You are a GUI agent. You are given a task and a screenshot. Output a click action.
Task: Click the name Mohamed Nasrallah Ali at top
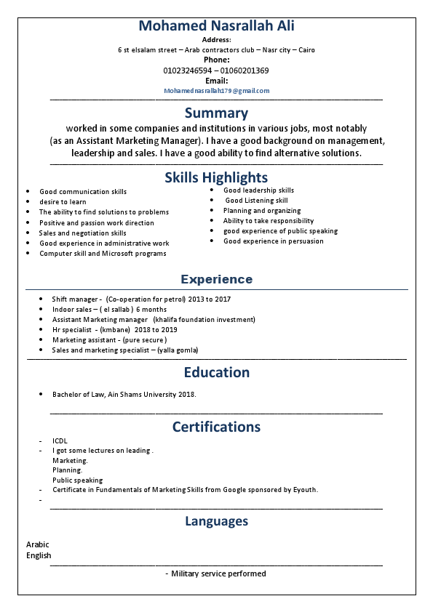[216, 26]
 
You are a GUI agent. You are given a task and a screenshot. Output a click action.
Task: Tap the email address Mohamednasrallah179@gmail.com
[216, 91]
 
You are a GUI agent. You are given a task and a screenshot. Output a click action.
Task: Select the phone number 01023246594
[188, 71]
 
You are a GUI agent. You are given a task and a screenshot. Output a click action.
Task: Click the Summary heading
[216, 113]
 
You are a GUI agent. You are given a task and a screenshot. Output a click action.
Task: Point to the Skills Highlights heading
[216, 177]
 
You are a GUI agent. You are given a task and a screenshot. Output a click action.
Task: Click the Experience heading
[216, 279]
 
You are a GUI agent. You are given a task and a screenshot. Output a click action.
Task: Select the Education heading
[216, 372]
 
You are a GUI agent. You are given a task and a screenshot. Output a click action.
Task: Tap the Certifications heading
[216, 427]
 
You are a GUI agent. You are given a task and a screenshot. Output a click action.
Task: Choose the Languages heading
[216, 521]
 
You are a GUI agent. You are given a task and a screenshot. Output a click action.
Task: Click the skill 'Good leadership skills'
[258, 190]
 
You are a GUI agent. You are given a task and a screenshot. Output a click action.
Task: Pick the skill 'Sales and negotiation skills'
[82, 233]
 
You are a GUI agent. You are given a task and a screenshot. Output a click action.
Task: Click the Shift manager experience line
[141, 299]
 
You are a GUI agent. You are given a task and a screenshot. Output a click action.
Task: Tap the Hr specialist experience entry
[114, 329]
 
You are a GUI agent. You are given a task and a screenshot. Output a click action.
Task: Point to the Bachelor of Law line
[124, 395]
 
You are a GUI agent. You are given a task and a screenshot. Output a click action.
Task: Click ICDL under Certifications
[60, 441]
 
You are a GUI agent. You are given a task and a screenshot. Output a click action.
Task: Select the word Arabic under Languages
[38, 544]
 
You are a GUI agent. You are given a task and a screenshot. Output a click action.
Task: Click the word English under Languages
[39, 556]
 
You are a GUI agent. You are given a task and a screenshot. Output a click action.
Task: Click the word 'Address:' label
[216, 40]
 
